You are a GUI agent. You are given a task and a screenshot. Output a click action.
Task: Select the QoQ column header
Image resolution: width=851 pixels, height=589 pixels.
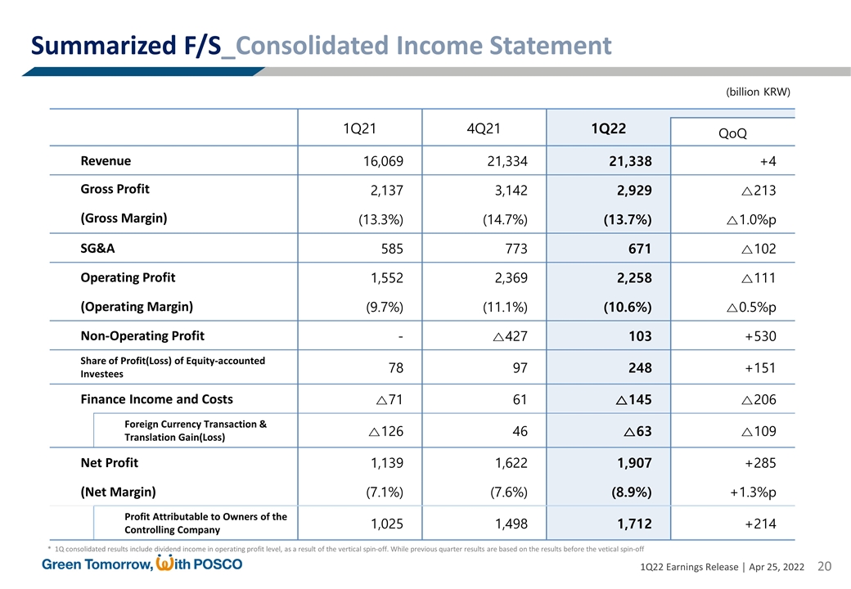[732, 133]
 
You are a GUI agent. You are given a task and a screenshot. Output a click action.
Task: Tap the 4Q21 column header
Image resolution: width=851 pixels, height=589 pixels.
[484, 128]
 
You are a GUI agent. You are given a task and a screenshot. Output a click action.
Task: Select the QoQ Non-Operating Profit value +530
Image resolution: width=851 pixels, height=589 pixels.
[757, 336]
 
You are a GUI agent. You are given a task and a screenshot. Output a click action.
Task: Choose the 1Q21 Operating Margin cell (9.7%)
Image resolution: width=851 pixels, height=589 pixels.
[377, 308]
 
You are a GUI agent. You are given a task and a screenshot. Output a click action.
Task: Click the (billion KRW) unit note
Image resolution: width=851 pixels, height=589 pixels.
[758, 92]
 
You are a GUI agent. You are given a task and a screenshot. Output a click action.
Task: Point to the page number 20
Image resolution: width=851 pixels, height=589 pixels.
[824, 568]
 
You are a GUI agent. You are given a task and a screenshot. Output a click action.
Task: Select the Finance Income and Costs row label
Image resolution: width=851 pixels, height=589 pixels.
[156, 399]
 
